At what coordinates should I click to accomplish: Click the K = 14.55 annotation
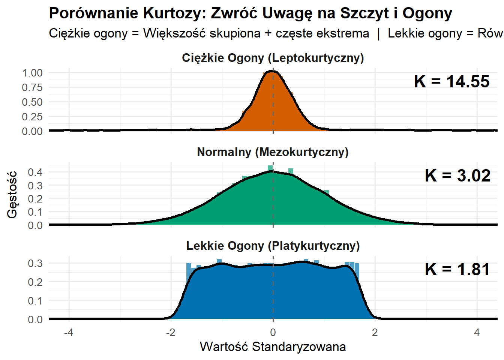tap(451, 82)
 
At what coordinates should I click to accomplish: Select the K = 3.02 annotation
tap(457, 175)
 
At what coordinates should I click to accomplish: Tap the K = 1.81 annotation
tap(457, 269)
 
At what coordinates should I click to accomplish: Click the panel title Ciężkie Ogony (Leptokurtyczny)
tap(273, 58)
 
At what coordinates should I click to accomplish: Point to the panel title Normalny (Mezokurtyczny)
tap(273, 152)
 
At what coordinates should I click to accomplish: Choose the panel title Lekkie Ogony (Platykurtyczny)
tap(273, 246)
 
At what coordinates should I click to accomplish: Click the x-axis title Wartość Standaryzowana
tap(273, 346)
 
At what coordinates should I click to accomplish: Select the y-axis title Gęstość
tap(12, 194)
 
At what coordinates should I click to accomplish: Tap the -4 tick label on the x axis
tap(69, 332)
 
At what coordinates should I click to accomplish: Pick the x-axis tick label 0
tap(273, 332)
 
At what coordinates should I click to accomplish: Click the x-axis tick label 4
tap(477, 332)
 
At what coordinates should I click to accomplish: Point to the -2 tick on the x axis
tap(171, 332)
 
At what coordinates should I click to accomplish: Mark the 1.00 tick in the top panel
tap(32, 73)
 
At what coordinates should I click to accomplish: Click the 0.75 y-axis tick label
tap(32, 87)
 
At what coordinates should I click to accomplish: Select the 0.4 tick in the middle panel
tap(35, 172)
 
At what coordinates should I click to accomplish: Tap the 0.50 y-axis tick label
tap(32, 102)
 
